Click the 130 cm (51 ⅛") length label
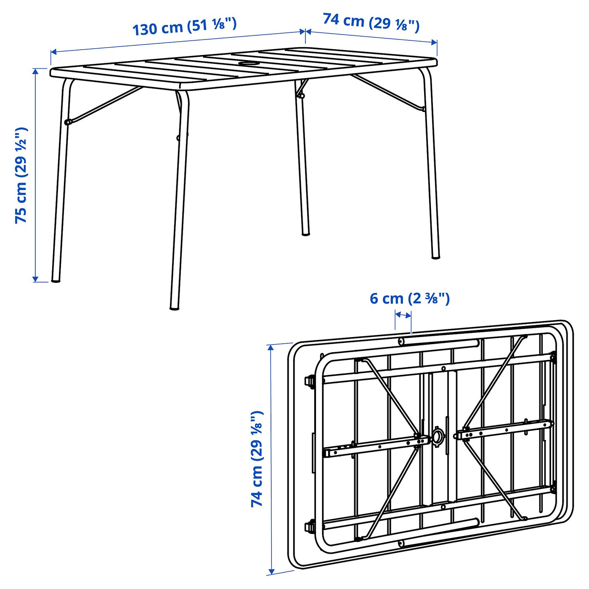(184, 27)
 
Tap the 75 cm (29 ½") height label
(21, 175)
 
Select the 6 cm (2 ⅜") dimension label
(409, 298)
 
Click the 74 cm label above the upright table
(371, 22)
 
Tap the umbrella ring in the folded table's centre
(438, 436)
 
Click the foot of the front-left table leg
(56, 279)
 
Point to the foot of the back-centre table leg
(306, 233)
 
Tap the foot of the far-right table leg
(435, 256)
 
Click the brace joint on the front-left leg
(67, 122)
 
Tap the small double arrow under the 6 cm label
(403, 315)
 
